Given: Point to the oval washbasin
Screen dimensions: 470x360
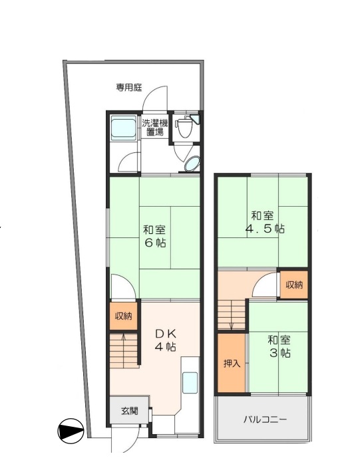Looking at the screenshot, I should pos(192,163).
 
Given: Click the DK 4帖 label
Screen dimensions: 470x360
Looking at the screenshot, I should pos(166,340).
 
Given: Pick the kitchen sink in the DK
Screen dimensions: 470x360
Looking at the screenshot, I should pos(190,382).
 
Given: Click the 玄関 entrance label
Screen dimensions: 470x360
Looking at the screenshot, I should pos(130,411).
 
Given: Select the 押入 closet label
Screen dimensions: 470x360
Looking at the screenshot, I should pos(230,364).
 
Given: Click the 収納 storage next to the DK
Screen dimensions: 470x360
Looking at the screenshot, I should pos(123,316).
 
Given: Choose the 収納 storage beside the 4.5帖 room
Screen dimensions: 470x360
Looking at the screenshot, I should pos(294,285).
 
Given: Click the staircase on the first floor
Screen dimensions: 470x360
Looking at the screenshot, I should pos(124,350).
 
